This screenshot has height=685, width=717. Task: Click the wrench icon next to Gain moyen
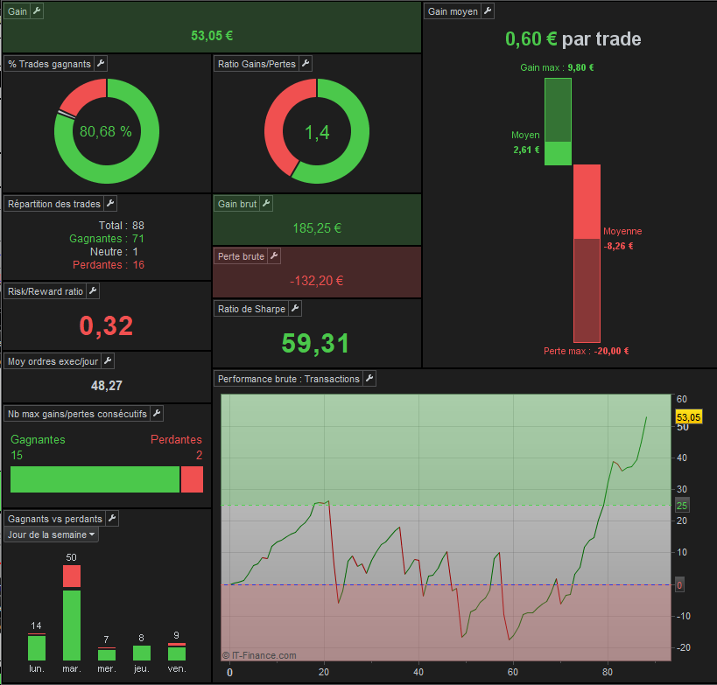(488, 11)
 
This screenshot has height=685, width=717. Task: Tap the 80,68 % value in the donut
(106, 131)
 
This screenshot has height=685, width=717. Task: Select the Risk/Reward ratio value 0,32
(106, 325)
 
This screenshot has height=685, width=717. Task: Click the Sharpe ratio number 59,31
(315, 343)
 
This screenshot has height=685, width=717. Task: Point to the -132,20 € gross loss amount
(316, 281)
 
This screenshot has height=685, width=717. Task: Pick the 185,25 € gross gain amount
(317, 228)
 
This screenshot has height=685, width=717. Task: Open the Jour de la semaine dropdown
(51, 535)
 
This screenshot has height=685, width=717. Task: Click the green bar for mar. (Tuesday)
(72, 626)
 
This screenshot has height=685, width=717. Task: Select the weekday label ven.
(177, 668)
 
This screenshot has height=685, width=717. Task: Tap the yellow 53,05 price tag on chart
(689, 416)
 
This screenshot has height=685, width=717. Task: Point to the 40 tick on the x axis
(418, 672)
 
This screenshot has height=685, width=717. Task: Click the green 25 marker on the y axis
(682, 506)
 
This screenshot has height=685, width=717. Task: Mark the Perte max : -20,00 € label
(587, 351)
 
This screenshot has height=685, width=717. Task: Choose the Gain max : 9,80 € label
(557, 67)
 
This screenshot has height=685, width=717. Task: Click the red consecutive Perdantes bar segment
(192, 479)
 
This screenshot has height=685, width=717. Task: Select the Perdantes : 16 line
(109, 265)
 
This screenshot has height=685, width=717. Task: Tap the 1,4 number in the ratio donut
(317, 132)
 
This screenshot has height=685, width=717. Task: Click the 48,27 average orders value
(107, 386)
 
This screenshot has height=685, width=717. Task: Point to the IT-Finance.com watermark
(259, 655)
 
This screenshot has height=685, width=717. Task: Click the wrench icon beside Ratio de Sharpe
(295, 309)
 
